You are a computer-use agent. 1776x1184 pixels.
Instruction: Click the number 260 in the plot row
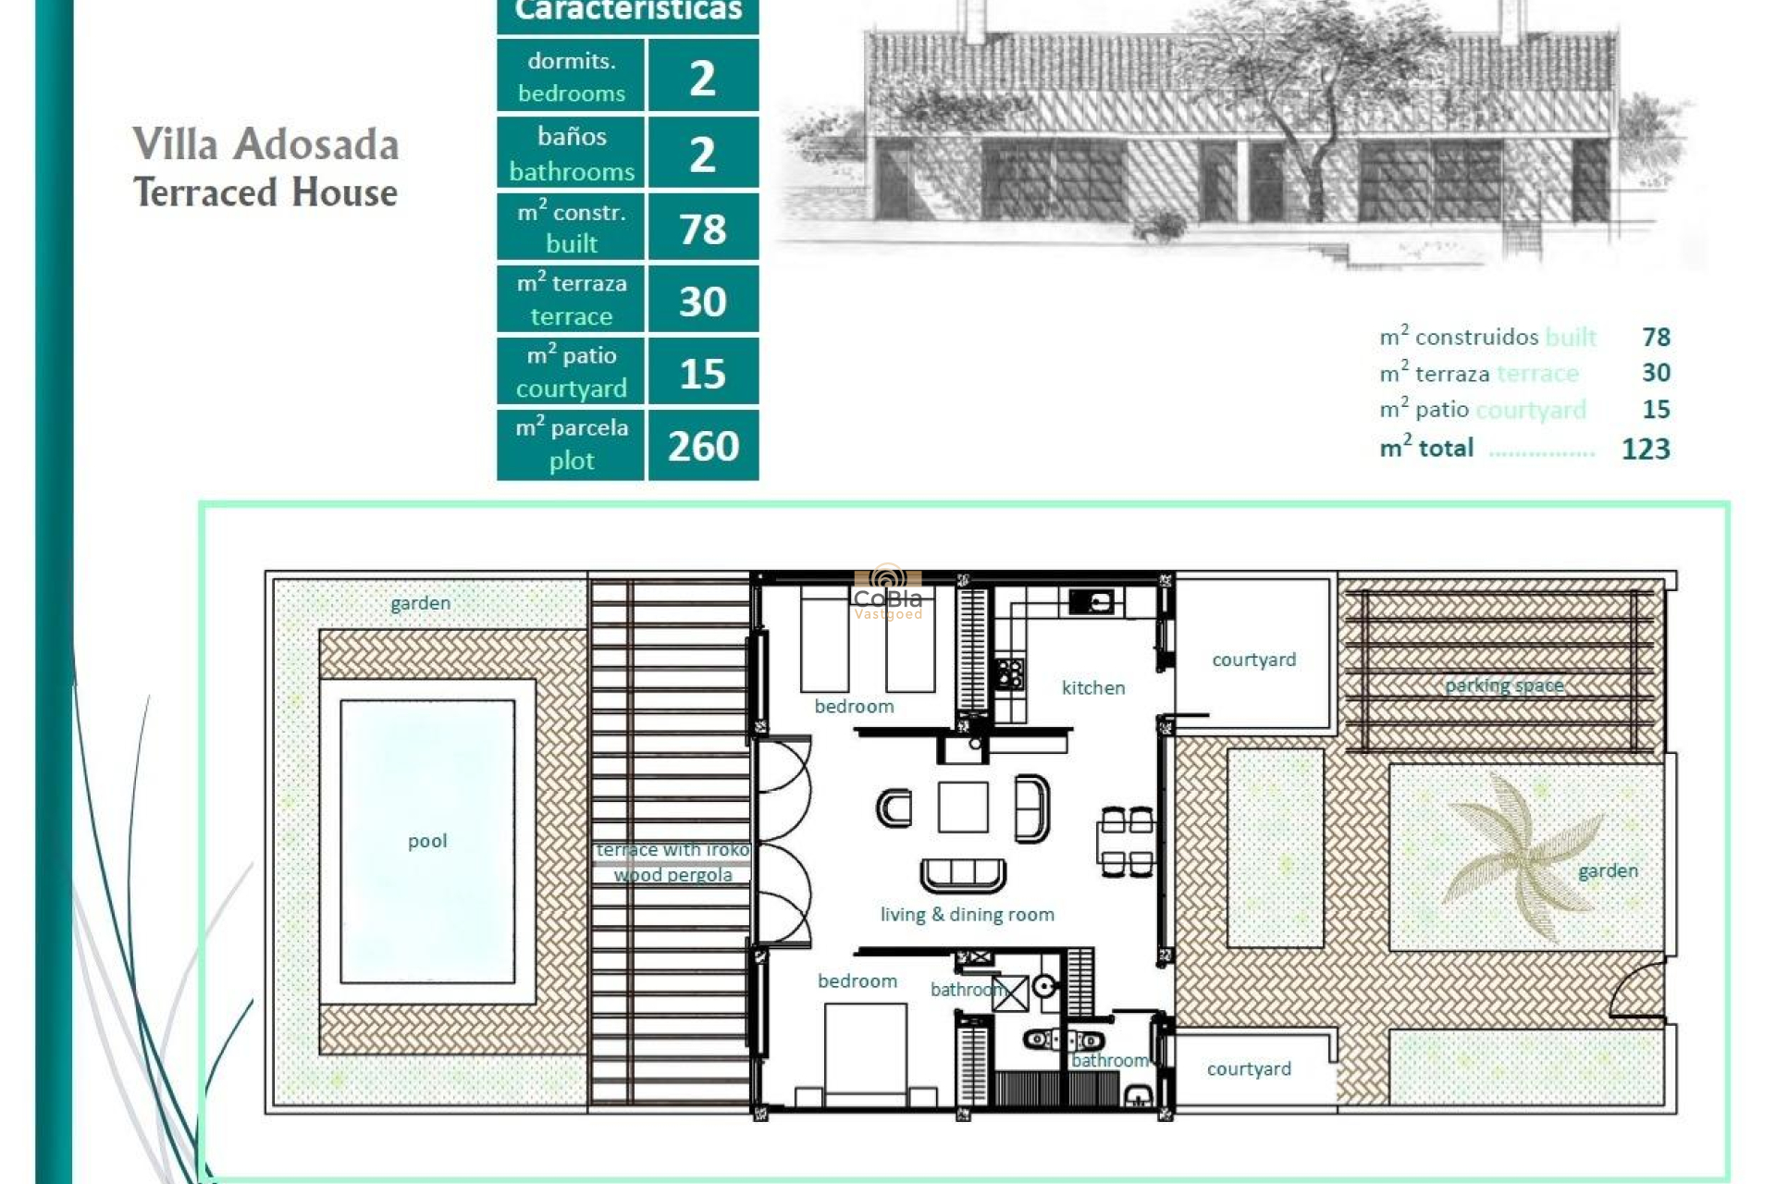(703, 446)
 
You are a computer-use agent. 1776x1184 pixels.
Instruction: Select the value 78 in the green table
(703, 228)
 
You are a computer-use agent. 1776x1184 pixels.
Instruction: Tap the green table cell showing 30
(703, 301)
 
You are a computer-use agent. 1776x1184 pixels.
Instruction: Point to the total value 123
(1646, 449)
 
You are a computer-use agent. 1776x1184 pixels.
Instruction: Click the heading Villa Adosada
(265, 144)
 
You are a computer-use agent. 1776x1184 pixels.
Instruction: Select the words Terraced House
(265, 192)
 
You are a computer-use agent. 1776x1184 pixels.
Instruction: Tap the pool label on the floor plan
(427, 841)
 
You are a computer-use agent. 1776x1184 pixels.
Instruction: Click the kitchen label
(1093, 687)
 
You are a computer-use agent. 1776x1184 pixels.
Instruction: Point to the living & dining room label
(967, 914)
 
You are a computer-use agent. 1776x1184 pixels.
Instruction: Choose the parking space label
(1504, 685)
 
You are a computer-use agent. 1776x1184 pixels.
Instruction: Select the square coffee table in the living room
(963, 807)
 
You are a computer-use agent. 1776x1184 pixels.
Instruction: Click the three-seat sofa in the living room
(963, 873)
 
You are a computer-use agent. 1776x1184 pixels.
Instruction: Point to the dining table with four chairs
(1127, 842)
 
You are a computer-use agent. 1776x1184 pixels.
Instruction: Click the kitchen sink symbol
(1091, 602)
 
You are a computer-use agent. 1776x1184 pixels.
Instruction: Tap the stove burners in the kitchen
(1010, 673)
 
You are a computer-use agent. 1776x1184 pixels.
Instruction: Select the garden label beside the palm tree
(1608, 870)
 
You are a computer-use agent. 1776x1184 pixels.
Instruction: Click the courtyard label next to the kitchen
(1253, 660)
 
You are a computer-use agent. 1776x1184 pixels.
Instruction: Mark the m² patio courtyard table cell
(571, 372)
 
